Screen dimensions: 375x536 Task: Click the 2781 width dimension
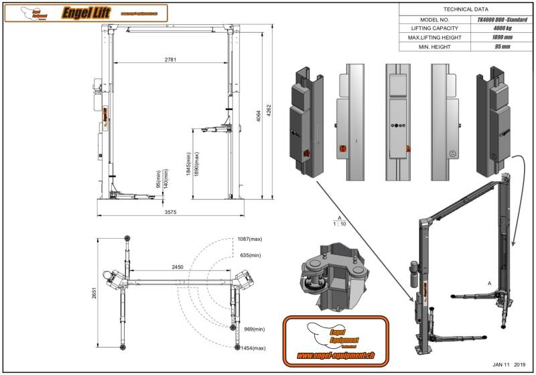172,60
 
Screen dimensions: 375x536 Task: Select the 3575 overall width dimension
172,212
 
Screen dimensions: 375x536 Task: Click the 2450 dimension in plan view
178,267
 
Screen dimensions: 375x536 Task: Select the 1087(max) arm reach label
249,239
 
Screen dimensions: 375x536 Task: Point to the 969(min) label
253,329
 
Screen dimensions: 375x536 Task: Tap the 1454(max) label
255,348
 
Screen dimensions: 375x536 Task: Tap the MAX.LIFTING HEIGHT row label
433,38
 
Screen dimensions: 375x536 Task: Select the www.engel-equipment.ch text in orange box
336,355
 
